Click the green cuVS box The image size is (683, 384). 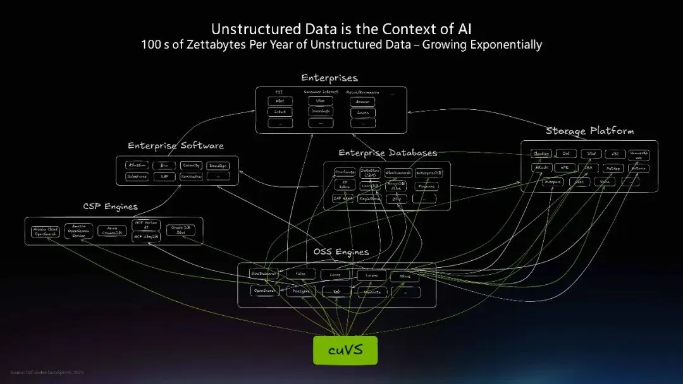point(345,350)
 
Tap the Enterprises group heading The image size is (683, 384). point(329,78)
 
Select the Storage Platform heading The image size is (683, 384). point(589,131)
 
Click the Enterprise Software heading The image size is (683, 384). point(176,146)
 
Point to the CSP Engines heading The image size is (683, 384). point(110,207)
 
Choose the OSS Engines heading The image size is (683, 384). point(341,252)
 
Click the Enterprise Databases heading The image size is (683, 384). point(388,153)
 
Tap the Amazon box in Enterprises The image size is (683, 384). point(362,102)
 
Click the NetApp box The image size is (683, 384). point(612,169)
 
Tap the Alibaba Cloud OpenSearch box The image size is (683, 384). point(45,232)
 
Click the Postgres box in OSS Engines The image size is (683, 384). point(301,292)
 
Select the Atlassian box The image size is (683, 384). point(137,165)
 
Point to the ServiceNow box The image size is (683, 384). point(192,177)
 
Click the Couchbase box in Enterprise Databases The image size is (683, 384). point(344,172)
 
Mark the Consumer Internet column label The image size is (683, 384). point(321,92)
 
